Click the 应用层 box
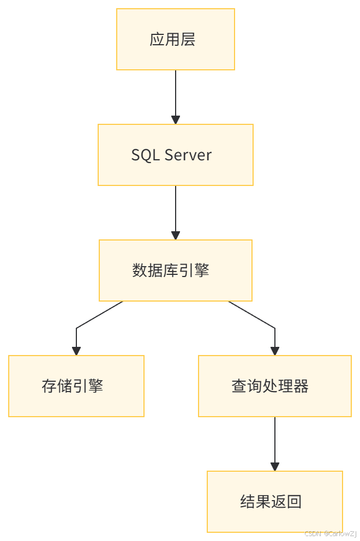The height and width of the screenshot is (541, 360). (176, 39)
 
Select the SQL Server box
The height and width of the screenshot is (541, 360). (176, 155)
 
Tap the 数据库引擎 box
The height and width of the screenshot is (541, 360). (176, 270)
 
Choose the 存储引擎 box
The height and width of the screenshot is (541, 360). (76, 386)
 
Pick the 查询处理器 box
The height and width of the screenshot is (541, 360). (275, 386)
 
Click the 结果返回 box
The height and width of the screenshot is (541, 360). (275, 502)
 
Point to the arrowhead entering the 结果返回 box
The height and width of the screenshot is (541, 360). (275, 467)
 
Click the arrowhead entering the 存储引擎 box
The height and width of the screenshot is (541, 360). (76, 351)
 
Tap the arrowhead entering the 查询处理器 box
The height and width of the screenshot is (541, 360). (275, 351)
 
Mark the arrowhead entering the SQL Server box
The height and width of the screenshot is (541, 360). (176, 120)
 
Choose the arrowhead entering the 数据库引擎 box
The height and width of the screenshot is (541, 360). (176, 236)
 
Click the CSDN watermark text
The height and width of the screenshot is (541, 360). (330, 532)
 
